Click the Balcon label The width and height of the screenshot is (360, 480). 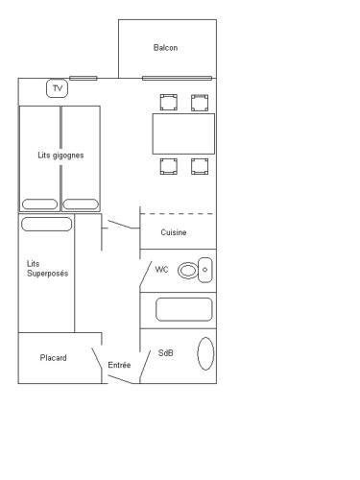tap(165, 48)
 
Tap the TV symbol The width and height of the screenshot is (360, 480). tap(58, 88)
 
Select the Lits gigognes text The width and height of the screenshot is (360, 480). tap(60, 156)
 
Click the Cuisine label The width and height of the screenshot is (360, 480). tap(174, 232)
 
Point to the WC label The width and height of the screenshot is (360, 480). tap(161, 270)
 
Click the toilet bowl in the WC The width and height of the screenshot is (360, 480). tap(188, 271)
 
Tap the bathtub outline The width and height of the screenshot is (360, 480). tap(184, 309)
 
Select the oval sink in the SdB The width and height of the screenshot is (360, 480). tap(205, 353)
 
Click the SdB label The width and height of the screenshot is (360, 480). tap(166, 353)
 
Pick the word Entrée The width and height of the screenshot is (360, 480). tap(119, 365)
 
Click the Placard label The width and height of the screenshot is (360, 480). tap(54, 358)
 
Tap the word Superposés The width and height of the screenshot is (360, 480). tap(48, 274)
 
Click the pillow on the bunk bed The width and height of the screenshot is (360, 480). tap(47, 225)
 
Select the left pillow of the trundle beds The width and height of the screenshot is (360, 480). tap(39, 204)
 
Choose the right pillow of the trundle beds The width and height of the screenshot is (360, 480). tap(81, 204)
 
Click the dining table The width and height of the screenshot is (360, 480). tap(183, 133)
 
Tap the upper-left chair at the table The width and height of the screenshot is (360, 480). tap(169, 103)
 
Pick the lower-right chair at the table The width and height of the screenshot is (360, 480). tap(200, 166)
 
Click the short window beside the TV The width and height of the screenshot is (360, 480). tap(84, 78)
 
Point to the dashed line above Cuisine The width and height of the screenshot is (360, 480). tap(178, 214)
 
